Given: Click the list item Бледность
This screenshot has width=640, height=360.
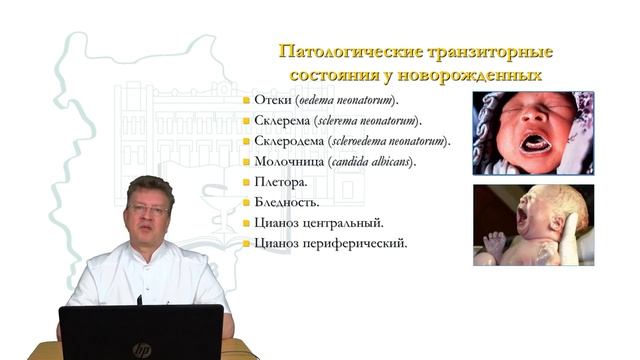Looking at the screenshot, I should pos(287,202).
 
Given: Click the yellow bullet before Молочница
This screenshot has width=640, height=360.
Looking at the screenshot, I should pos(245,162).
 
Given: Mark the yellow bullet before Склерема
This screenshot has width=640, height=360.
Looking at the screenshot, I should pos(245,122).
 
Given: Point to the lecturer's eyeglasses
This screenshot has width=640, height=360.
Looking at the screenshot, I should pos(149,210).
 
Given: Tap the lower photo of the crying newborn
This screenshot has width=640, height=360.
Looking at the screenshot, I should pos(533,225).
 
